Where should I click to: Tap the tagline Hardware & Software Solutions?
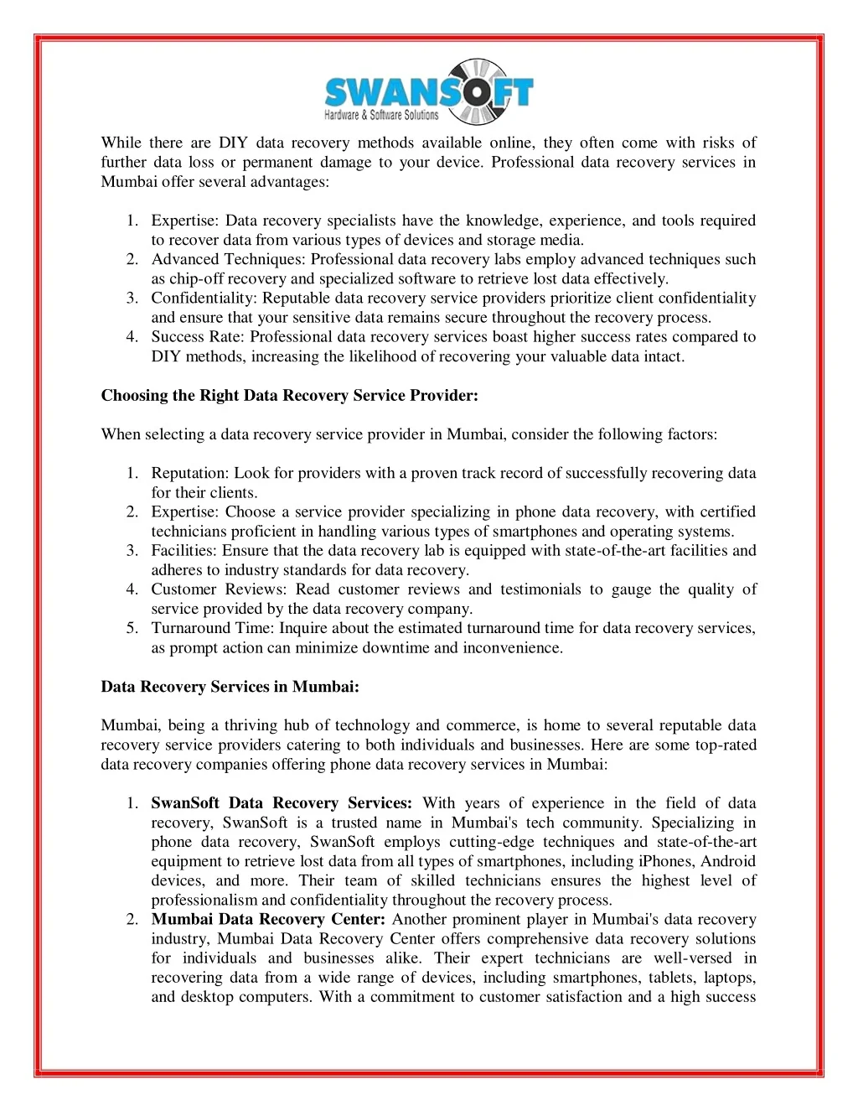click(381, 115)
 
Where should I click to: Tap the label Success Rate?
click(199, 336)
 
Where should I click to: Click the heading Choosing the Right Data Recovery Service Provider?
click(289, 395)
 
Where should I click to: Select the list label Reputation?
click(190, 473)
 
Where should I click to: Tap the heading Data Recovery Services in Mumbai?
click(230, 686)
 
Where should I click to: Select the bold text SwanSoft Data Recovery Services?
click(282, 802)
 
